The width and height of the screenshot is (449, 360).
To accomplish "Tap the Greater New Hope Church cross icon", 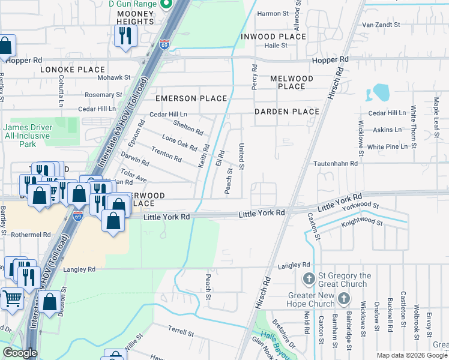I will (x=343, y=298).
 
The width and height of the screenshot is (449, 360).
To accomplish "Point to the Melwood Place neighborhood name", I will (x=292, y=82).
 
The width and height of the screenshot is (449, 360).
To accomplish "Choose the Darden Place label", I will (x=287, y=112).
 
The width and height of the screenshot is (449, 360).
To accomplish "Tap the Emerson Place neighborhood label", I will (x=191, y=98).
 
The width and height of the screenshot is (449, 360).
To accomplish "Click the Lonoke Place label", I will (x=73, y=70).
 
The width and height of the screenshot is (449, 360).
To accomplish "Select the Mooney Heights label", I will (x=136, y=17).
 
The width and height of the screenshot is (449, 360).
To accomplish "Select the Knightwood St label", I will (x=362, y=222).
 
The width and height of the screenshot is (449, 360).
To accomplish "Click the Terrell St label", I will (x=181, y=331).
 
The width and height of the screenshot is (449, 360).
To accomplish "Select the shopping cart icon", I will (x=11, y=298).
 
